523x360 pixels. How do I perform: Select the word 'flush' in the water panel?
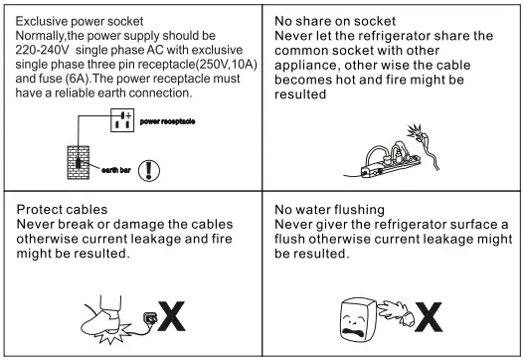pos(293,239)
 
